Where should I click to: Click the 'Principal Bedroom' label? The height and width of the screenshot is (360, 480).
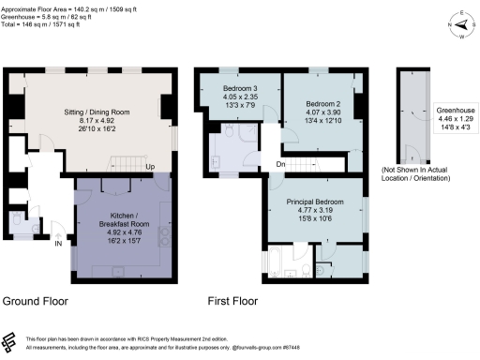pyautogui.click(x=314, y=202)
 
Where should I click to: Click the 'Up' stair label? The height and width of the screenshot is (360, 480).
pyautogui.click(x=149, y=170)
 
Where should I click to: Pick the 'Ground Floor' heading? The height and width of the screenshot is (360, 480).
pyautogui.click(x=35, y=301)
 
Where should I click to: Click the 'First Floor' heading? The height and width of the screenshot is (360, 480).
pyautogui.click(x=232, y=301)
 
